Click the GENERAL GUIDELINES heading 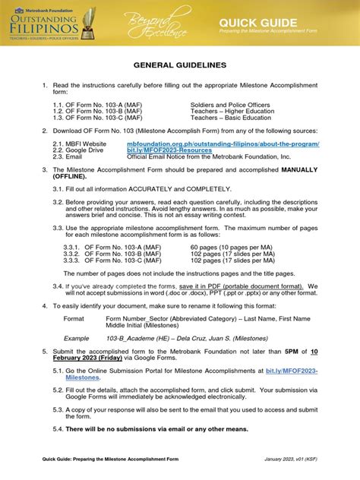pyautogui.click(x=179, y=66)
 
